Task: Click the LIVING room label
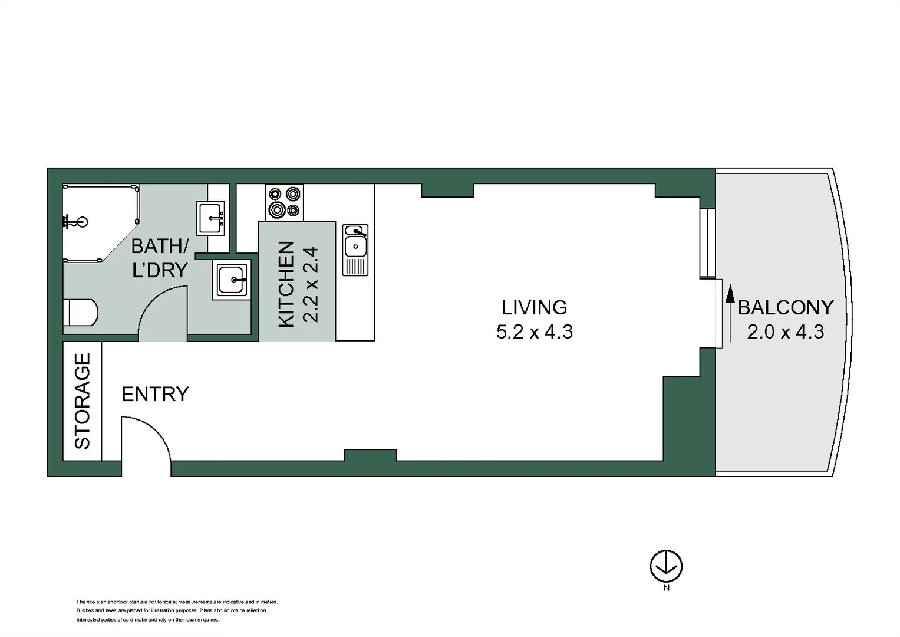(x=534, y=307)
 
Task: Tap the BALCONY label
(x=785, y=307)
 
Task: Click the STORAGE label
(x=83, y=400)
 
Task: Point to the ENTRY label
(x=155, y=394)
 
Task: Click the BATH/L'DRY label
(x=159, y=258)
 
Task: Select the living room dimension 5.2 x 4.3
(x=534, y=332)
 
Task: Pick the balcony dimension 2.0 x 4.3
(x=785, y=332)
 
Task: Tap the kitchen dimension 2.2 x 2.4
(x=310, y=284)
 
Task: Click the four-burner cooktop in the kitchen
(x=284, y=202)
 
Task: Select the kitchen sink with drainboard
(x=355, y=249)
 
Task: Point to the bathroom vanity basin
(x=210, y=218)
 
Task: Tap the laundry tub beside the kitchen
(x=232, y=280)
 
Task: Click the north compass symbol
(x=666, y=566)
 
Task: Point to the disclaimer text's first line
(x=177, y=602)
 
